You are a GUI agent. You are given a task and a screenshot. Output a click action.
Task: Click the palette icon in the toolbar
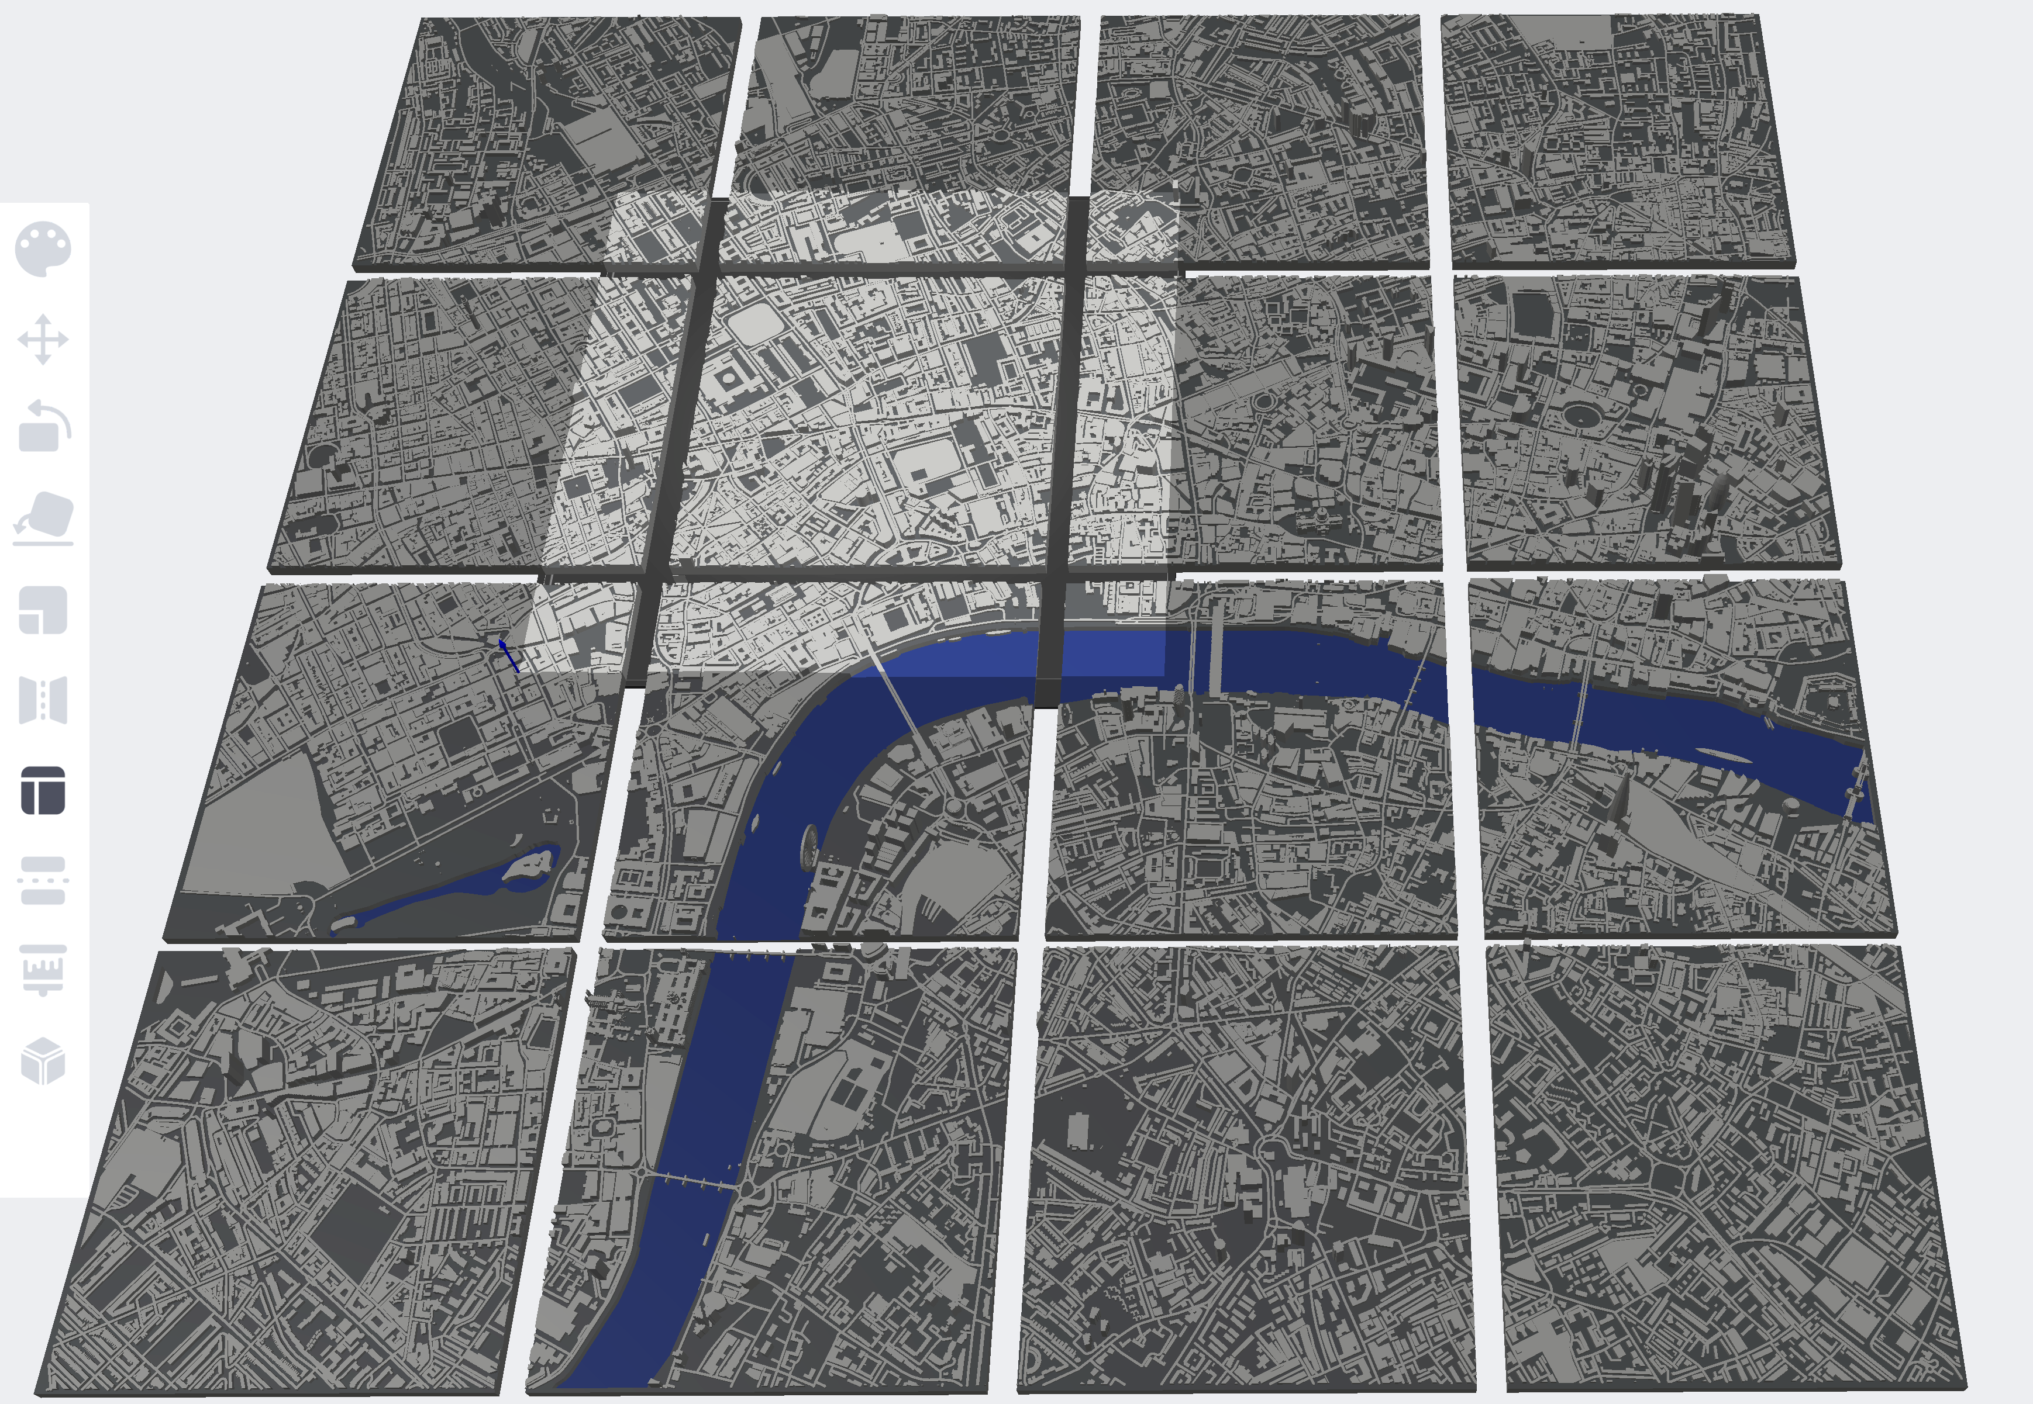(x=43, y=249)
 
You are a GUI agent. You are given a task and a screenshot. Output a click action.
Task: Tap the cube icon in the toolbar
(x=43, y=1060)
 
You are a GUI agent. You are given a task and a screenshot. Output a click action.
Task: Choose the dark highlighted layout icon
(x=43, y=790)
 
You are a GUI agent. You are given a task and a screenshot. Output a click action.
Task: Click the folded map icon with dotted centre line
(x=43, y=700)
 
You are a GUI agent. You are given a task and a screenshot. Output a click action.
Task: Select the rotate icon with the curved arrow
(x=43, y=427)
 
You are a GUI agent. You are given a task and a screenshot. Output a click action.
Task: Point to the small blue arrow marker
(x=507, y=653)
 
